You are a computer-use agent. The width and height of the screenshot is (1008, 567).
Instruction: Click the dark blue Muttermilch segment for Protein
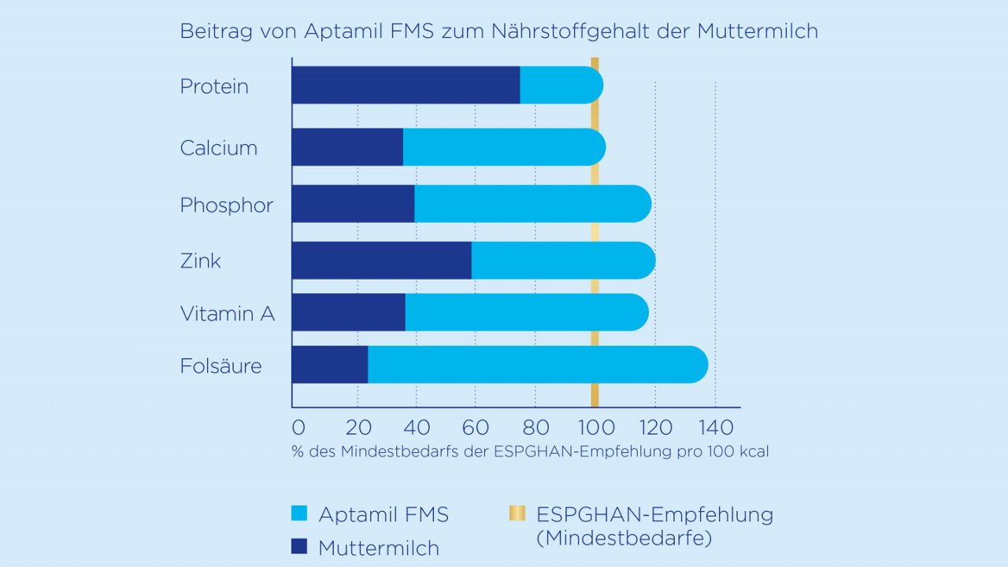pyautogui.click(x=406, y=85)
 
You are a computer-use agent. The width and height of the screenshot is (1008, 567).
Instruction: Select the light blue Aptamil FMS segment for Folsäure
pyautogui.click(x=535, y=365)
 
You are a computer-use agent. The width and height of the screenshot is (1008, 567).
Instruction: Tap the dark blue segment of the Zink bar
pyautogui.click(x=381, y=261)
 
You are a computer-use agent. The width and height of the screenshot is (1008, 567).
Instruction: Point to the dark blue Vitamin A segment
pyautogui.click(x=348, y=313)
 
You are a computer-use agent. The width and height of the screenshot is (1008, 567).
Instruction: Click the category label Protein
pyautogui.click(x=214, y=87)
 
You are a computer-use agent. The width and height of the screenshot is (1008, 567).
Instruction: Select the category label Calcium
pyautogui.click(x=219, y=148)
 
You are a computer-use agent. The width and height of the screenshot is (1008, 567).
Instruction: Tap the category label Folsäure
pyautogui.click(x=221, y=366)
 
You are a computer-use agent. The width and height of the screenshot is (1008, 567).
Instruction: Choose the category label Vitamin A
pyautogui.click(x=228, y=314)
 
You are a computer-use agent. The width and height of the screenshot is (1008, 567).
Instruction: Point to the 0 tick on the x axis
pyautogui.click(x=298, y=428)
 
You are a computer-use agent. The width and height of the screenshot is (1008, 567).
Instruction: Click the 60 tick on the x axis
pyautogui.click(x=475, y=428)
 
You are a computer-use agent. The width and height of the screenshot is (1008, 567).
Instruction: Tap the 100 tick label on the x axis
pyautogui.click(x=595, y=428)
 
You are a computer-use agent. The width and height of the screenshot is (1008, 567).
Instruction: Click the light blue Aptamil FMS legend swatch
pyautogui.click(x=299, y=514)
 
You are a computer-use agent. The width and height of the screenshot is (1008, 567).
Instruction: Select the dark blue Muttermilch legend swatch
pyautogui.click(x=299, y=547)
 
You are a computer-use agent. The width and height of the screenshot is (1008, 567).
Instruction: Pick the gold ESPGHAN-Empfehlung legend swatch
pyautogui.click(x=517, y=514)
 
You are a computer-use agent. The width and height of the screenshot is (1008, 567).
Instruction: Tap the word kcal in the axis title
pyautogui.click(x=751, y=452)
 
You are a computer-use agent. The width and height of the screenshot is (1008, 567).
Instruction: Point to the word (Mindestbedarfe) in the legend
pyautogui.click(x=624, y=539)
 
